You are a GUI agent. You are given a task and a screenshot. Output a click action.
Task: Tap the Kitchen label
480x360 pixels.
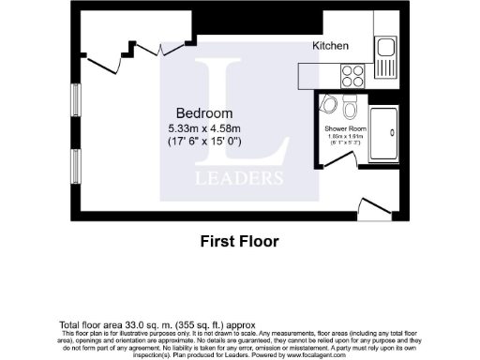[x=330, y=46]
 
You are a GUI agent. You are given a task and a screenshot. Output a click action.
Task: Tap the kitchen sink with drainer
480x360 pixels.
[x=385, y=57]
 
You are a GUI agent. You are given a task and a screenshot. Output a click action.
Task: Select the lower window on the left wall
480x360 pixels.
[x=75, y=164]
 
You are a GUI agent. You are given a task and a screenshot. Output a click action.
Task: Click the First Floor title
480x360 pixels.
[x=240, y=242]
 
